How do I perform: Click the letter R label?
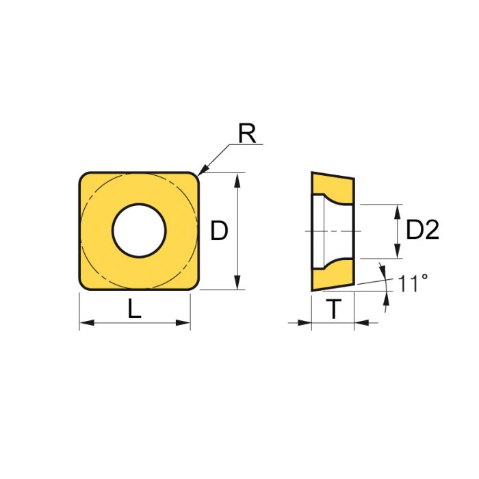point(247,134)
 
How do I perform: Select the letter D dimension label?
point(219,232)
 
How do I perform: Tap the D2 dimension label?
point(422,231)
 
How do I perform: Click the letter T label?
point(333,311)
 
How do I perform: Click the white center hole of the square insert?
point(140,231)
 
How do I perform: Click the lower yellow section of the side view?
point(333,275)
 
